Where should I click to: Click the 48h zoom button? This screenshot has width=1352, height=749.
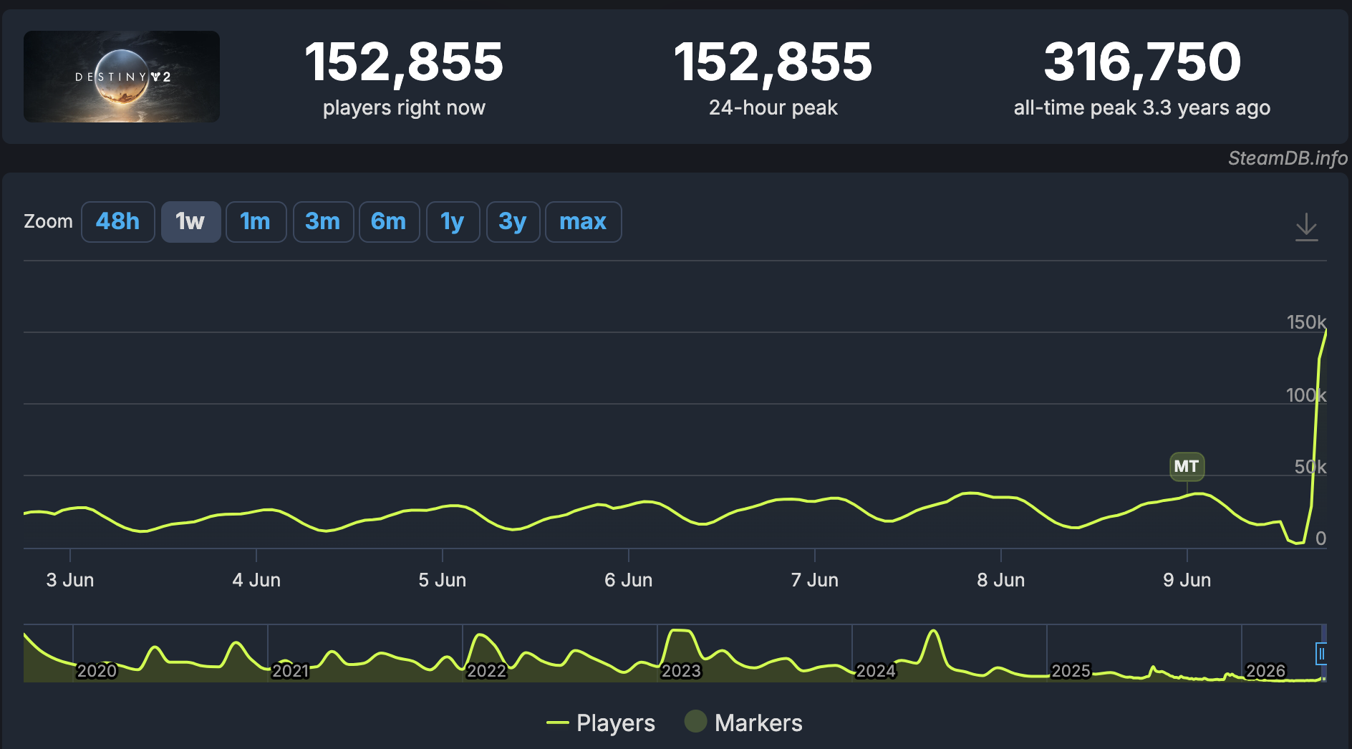118,222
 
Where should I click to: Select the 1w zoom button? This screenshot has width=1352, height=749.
190,222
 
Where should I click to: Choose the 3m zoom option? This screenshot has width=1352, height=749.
323,222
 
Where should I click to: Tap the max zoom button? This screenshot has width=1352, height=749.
583,222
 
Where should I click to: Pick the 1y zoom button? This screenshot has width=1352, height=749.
453,222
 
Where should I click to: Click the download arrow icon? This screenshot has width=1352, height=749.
1307,227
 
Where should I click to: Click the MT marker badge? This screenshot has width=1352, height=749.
1187,467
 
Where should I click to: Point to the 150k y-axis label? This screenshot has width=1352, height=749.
1306,322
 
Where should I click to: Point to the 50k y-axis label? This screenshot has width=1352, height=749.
1310,467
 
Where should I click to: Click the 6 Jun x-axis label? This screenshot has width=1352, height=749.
629,580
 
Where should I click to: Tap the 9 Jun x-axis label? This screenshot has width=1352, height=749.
1187,580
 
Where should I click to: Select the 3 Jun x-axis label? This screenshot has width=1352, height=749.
70,580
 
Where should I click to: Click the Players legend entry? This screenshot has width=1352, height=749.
601,723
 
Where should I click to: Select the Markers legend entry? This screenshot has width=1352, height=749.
743,723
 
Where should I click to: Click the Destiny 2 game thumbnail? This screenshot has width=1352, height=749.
122,77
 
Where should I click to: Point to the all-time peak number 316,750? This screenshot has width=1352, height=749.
1142,62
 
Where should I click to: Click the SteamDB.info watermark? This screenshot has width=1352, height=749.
1288,158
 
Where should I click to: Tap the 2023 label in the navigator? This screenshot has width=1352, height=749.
681,671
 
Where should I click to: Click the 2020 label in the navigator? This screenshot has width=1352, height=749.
97,671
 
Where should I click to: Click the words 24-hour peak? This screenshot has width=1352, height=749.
773,107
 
